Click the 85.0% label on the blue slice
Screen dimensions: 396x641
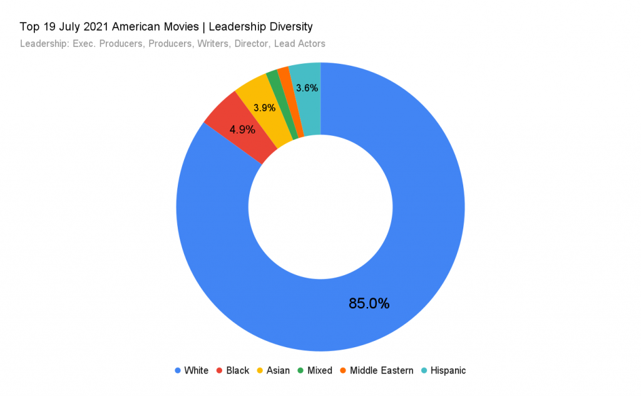click(x=369, y=304)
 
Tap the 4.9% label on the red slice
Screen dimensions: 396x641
click(x=242, y=130)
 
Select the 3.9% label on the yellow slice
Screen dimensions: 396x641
click(x=265, y=107)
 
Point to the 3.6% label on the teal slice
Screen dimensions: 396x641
click(x=307, y=88)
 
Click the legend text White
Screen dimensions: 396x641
click(x=196, y=370)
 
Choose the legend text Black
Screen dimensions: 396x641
click(x=237, y=370)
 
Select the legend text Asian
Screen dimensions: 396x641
click(x=278, y=370)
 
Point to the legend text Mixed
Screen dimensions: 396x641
click(x=320, y=370)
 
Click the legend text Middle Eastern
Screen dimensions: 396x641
click(x=381, y=370)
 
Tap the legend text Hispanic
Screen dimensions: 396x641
click(x=448, y=370)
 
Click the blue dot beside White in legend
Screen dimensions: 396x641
click(x=178, y=370)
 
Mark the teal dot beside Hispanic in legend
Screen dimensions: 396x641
click(x=424, y=370)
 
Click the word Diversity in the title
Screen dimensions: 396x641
click(x=290, y=27)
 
